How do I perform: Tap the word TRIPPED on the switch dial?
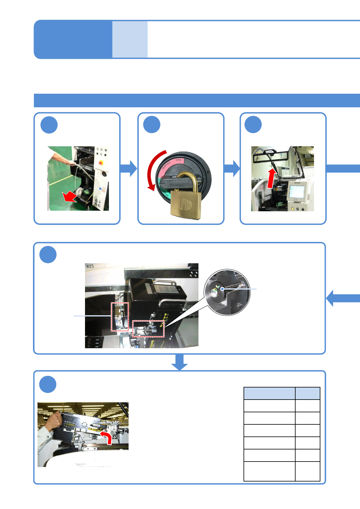click(x=166, y=166)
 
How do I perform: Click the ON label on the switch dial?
click(x=178, y=160)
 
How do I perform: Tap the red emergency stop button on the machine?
click(x=101, y=163)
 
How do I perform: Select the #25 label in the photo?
click(x=90, y=266)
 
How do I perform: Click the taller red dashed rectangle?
click(x=120, y=316)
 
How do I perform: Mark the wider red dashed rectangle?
click(x=148, y=329)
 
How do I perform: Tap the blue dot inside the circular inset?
click(x=222, y=289)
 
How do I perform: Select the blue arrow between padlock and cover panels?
click(x=232, y=168)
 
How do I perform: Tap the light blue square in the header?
click(x=130, y=39)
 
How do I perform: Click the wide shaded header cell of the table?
click(x=269, y=393)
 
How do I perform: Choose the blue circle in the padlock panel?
click(x=152, y=125)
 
